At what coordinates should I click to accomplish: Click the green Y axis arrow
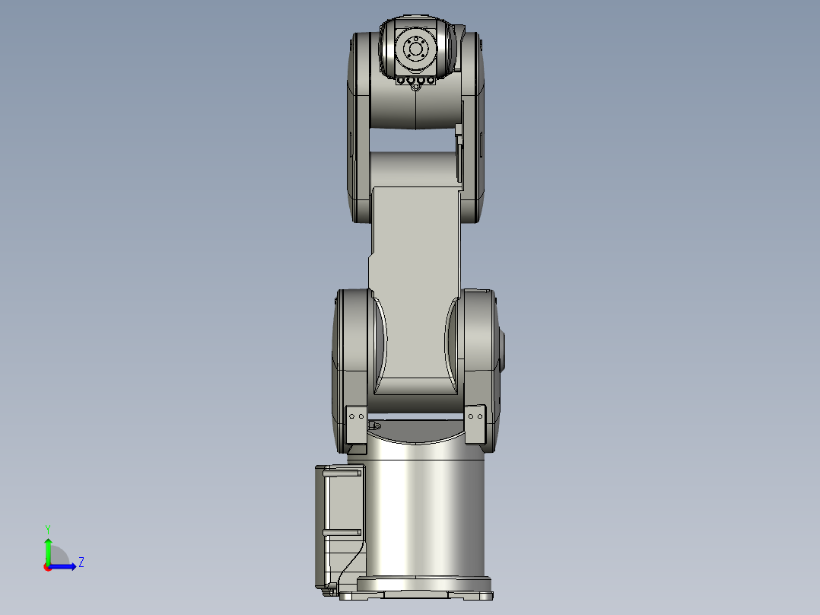tap(47, 550)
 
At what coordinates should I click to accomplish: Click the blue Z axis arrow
tap(65, 566)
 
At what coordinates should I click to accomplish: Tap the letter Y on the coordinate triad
tap(47, 528)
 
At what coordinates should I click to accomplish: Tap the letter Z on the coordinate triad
tap(81, 562)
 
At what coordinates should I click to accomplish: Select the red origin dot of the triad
tap(47, 566)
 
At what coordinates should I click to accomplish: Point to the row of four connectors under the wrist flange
tap(415, 80)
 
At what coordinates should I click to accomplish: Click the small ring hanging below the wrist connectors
tap(415, 88)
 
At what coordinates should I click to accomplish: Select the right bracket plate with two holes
tap(475, 424)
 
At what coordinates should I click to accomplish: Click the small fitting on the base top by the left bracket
tap(373, 424)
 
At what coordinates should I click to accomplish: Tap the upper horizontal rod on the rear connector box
tap(342, 473)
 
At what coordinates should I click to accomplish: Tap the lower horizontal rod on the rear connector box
tap(342, 531)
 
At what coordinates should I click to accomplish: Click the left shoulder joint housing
tap(351, 358)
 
